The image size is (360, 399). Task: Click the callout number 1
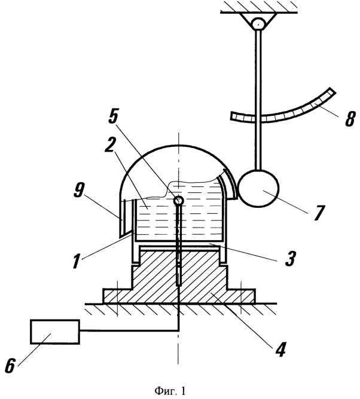click(76, 260)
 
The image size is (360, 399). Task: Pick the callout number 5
click(114, 116)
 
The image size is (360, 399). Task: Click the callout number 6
click(10, 366)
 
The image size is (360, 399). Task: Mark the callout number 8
click(350, 118)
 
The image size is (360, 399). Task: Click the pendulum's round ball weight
click(259, 188)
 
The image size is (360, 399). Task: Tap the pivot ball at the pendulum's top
click(258, 24)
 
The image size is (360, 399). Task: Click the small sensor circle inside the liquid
click(179, 201)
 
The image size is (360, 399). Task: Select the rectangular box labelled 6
click(55, 332)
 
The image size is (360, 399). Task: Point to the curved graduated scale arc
click(283, 113)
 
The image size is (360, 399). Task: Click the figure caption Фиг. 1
click(170, 391)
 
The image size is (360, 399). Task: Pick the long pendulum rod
click(258, 100)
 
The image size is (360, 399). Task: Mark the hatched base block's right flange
click(241, 296)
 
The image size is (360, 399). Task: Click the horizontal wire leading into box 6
click(129, 331)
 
